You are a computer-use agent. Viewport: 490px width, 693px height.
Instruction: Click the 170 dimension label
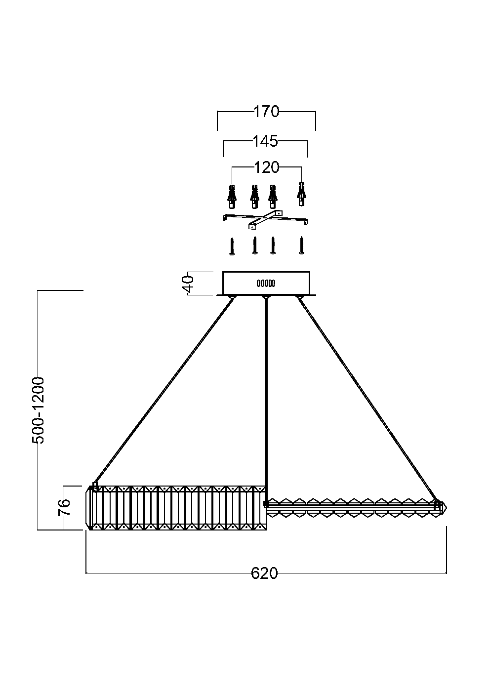[267, 112]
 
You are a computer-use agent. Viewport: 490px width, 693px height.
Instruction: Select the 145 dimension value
[265, 141]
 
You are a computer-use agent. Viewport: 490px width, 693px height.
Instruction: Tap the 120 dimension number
[267, 167]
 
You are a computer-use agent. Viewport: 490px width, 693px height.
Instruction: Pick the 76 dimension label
[65, 508]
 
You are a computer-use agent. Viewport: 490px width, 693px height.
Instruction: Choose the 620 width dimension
[264, 573]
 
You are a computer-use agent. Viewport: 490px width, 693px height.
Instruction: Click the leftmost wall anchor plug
[231, 196]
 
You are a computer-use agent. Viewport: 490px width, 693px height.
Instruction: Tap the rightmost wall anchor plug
[300, 195]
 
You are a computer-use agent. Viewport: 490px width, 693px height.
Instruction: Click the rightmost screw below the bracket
[301, 245]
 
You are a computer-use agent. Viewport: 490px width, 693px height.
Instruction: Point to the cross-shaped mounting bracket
[265, 220]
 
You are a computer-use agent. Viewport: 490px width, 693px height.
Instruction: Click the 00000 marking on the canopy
[266, 284]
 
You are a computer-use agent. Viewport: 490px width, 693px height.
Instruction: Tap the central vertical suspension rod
[266, 395]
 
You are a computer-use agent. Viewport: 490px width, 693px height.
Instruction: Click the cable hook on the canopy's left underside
[232, 297]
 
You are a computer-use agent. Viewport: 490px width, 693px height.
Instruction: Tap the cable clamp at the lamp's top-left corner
[95, 486]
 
